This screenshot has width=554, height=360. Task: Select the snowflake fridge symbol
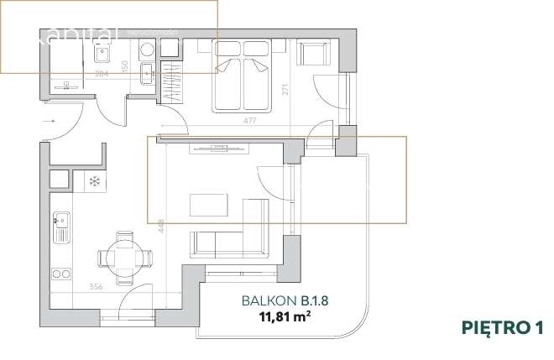(x=95, y=181)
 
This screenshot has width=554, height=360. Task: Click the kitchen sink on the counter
(x=61, y=225)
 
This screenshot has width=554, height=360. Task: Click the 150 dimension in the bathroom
(x=125, y=65)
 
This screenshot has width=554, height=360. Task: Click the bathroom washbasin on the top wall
(x=100, y=55)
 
